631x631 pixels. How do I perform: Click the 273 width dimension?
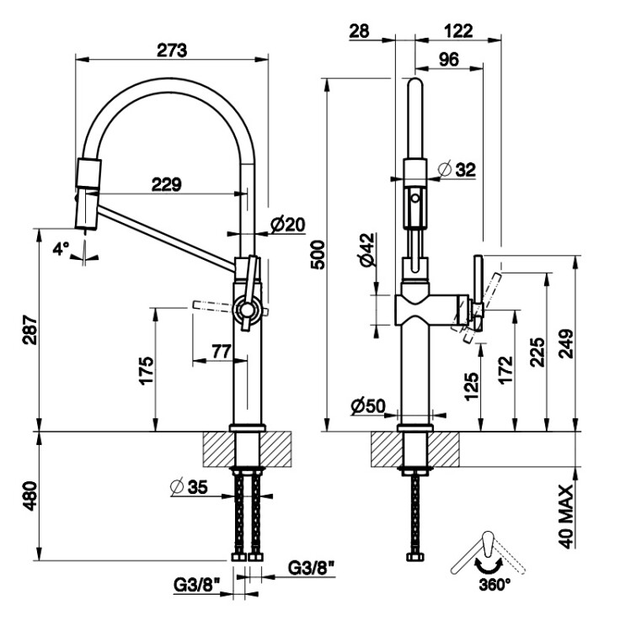coord(172,50)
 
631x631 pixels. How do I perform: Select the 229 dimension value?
coord(166,184)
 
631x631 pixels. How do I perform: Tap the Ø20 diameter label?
coord(287,225)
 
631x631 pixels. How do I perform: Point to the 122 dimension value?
coord(457,31)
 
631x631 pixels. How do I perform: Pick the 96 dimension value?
coord(449,60)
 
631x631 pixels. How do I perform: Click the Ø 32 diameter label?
coord(458,169)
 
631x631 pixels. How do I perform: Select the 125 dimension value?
coord(471,384)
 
